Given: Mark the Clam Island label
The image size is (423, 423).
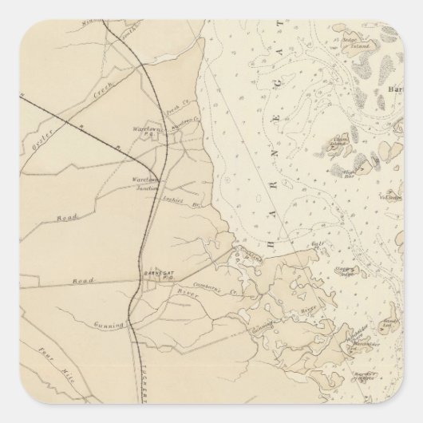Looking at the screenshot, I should coord(338,141).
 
